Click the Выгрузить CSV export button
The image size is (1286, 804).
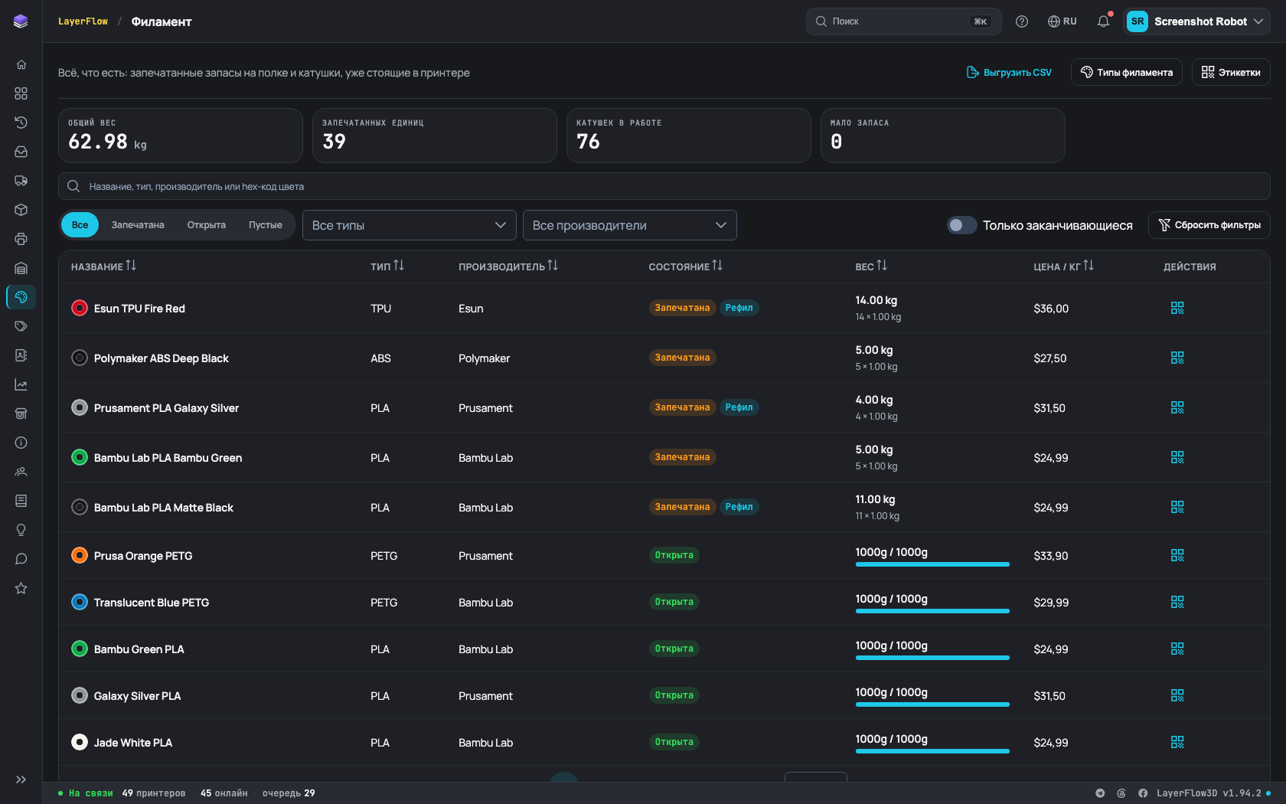(1009, 72)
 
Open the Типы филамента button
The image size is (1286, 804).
(1127, 72)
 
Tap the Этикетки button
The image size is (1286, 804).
(1231, 72)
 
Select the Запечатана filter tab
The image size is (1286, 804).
(138, 224)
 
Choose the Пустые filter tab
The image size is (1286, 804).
(265, 224)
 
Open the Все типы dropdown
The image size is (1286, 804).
(410, 225)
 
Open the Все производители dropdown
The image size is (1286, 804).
(630, 225)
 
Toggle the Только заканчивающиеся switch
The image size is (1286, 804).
(961, 225)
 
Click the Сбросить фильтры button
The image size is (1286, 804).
(1209, 225)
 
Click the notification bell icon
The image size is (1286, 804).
(1104, 21)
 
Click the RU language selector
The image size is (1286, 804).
(1062, 21)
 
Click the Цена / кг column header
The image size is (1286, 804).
(1063, 266)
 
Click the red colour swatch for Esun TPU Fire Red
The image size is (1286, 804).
(80, 309)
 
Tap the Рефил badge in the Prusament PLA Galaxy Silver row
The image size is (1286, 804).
(739, 407)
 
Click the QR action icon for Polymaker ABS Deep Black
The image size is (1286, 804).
(1177, 358)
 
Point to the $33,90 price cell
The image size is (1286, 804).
(1050, 556)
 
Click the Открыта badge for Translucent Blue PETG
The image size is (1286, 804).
(674, 602)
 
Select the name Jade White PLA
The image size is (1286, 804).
(133, 743)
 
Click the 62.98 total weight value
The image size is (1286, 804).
(98, 141)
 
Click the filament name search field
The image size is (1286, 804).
(664, 186)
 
